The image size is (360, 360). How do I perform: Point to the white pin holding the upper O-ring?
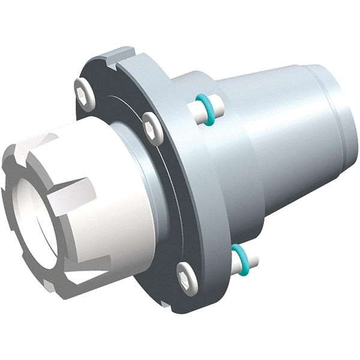click(x=217, y=108)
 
